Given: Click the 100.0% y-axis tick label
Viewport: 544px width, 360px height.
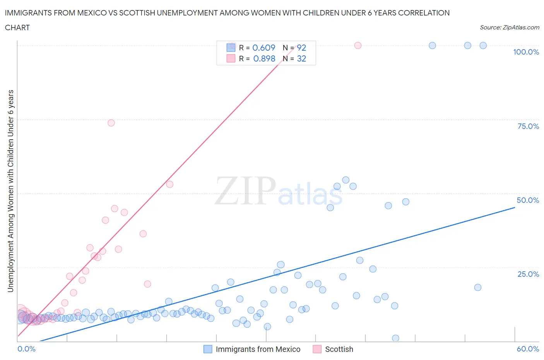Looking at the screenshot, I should tap(526, 52).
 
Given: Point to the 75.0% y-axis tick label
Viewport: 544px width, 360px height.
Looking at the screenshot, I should tap(528, 126).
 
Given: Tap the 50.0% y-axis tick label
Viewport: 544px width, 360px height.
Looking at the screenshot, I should tap(528, 200).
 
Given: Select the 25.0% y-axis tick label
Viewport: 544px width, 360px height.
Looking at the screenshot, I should tap(528, 274).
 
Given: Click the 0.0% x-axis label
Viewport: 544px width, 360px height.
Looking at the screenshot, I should tap(26, 349).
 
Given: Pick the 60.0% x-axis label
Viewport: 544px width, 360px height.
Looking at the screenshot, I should tap(528, 349).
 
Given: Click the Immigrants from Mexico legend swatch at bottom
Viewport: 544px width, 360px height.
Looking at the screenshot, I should tap(208, 349).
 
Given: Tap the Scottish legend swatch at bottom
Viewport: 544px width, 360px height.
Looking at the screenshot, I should tap(317, 349).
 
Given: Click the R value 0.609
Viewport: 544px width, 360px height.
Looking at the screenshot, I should tap(264, 48).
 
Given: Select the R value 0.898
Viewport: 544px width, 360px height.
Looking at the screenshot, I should tap(264, 58).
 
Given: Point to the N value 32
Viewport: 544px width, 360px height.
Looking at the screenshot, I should tap(301, 58).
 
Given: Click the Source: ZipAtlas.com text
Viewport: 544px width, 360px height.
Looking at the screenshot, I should tap(509, 27).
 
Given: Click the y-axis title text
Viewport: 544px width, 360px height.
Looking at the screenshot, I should tap(10, 191).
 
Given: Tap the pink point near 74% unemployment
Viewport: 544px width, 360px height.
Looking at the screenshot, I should tap(111, 123).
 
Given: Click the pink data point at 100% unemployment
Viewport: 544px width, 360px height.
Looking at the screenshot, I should tap(358, 46).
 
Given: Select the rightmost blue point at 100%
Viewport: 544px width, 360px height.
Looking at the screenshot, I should tap(483, 46).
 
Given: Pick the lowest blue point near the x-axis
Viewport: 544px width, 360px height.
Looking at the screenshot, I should tap(395, 338).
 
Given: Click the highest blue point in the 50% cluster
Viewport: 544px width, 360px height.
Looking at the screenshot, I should tap(346, 180).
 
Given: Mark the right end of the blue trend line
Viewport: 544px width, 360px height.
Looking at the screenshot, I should tap(515, 207).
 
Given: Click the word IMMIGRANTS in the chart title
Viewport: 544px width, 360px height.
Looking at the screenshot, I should tap(27, 13).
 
